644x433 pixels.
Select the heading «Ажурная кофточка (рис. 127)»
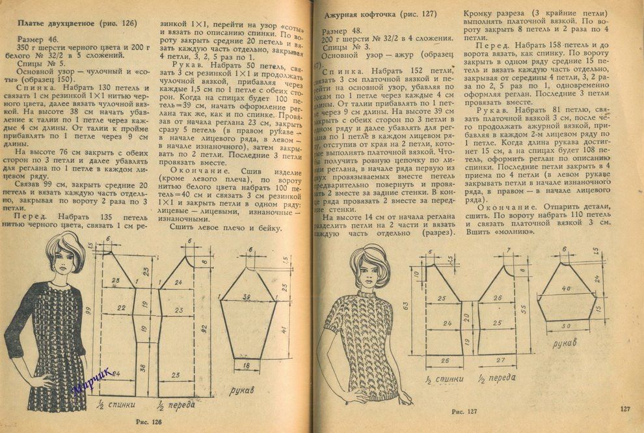pyautogui.click(x=380, y=14)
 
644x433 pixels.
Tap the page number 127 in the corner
pyautogui.click(x=625, y=409)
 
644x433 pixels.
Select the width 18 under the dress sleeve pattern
pyautogui.click(x=246, y=367)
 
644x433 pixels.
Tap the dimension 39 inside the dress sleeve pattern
pyautogui.click(x=245, y=297)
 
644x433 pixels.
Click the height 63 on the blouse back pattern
pyautogui.click(x=406, y=305)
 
